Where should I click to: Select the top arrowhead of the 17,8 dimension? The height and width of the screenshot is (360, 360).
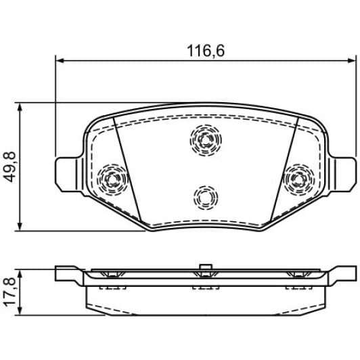click(22, 273)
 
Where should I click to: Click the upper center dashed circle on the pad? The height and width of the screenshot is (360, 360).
click(206, 140)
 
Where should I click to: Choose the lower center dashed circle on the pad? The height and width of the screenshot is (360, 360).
click(205, 197)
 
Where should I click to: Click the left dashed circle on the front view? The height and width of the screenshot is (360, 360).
click(112, 179)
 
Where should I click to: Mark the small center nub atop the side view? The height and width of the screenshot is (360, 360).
click(204, 267)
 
